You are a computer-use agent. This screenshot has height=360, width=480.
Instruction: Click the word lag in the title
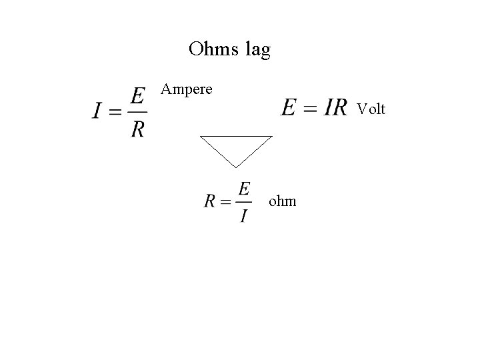pyautogui.click(x=257, y=51)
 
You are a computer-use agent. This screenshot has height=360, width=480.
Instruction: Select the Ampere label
pyautogui.click(x=187, y=89)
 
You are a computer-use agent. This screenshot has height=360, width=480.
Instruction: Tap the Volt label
pyautogui.click(x=371, y=109)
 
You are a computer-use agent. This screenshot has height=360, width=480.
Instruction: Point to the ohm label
pyautogui.click(x=282, y=200)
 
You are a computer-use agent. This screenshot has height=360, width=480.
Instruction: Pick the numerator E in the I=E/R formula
pyautogui.click(x=137, y=97)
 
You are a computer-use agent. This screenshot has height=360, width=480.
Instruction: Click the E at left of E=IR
pyautogui.click(x=289, y=107)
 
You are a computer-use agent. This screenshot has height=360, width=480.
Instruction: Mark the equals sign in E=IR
pyautogui.click(x=309, y=108)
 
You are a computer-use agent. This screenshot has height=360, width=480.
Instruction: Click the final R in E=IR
pyautogui.click(x=339, y=107)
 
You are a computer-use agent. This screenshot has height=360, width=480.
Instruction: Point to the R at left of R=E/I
pyautogui.click(x=209, y=201)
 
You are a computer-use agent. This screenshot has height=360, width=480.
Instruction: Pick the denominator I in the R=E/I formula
pyautogui.click(x=243, y=215)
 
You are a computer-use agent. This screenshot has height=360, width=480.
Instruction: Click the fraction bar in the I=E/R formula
pyautogui.click(x=137, y=111)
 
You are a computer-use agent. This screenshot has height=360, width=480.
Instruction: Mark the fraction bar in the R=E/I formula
pyautogui.click(x=243, y=202)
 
